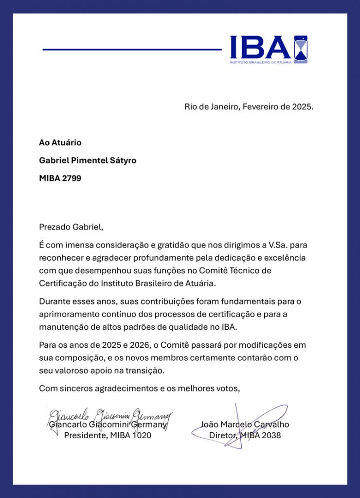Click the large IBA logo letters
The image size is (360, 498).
(260, 47)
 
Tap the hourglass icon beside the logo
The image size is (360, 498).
(301, 49)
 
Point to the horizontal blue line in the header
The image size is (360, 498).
(132, 50)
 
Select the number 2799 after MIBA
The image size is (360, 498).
(72, 178)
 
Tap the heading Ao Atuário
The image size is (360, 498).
(60, 142)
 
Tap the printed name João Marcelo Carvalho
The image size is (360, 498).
(245, 425)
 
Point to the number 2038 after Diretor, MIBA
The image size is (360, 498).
(271, 436)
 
